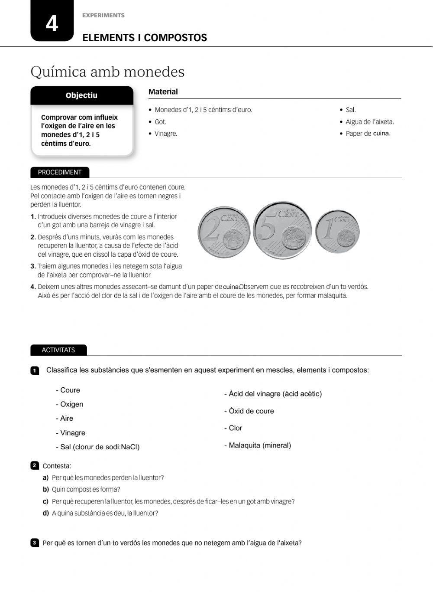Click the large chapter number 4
point(52,23)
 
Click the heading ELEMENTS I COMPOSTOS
point(145,38)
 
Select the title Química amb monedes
point(107,72)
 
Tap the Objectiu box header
point(81,95)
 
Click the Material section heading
point(163,92)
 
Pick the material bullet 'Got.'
point(160,122)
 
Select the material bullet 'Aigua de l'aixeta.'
point(369,122)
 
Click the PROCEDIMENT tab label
point(60,172)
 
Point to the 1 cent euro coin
point(337,232)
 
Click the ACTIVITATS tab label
point(58,350)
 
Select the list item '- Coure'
point(68,390)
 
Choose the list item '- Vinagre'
point(71,433)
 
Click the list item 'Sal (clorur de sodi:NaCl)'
point(98,447)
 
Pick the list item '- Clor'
point(233,428)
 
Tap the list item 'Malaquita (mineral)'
point(258,445)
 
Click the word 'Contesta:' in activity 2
point(57,466)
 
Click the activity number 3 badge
point(35,543)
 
